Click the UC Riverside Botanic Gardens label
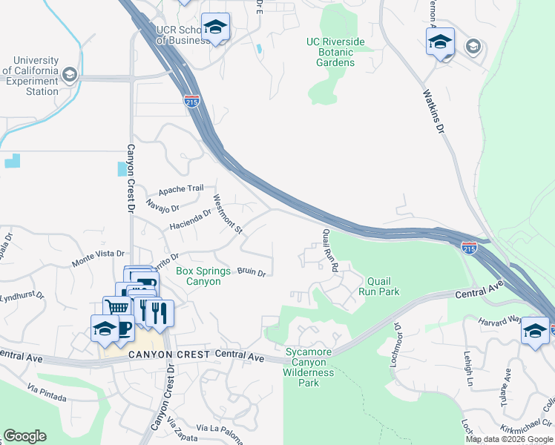(336, 53)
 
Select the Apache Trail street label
(180, 188)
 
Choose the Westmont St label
(228, 214)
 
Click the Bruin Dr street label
(252, 273)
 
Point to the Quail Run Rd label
(330, 250)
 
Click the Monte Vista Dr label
(96, 259)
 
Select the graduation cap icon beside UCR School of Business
(215, 27)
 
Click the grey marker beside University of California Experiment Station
(70, 74)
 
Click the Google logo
(24, 436)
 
